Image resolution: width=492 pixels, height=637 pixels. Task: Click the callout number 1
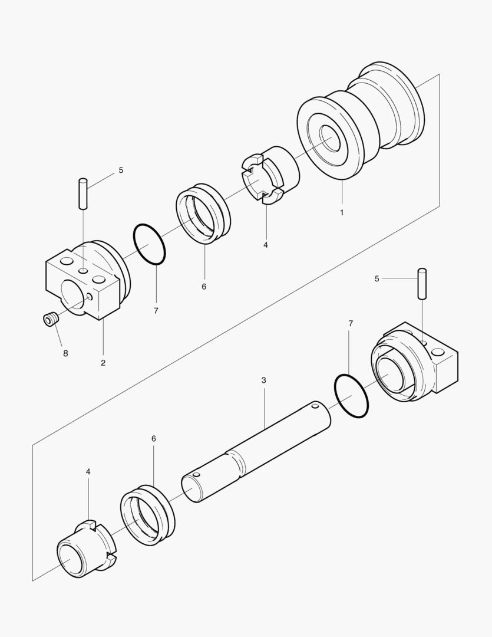[342, 212]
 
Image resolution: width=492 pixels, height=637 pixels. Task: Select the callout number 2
[103, 363]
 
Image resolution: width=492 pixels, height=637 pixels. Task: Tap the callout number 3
[263, 380]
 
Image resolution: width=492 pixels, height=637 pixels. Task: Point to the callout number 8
[65, 353]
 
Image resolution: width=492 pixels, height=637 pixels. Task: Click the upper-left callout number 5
[121, 170]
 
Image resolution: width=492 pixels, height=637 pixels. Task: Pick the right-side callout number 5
[377, 278]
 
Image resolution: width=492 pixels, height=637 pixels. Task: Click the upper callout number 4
[266, 244]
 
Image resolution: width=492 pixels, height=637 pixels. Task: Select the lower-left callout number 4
[88, 471]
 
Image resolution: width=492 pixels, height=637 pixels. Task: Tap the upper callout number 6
[204, 287]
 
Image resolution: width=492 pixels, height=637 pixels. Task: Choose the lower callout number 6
[154, 439]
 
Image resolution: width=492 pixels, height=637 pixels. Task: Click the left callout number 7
[156, 310]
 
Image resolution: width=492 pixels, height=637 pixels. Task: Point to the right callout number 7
[351, 323]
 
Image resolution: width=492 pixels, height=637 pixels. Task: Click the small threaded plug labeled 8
[49, 320]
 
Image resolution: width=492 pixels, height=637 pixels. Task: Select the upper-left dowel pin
[83, 193]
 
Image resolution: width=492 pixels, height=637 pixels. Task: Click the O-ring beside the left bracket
[149, 244]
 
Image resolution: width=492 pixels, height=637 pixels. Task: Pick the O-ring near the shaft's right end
[351, 396]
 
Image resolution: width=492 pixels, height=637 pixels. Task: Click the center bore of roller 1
[330, 138]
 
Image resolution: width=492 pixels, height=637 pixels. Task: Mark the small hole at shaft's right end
[315, 406]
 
